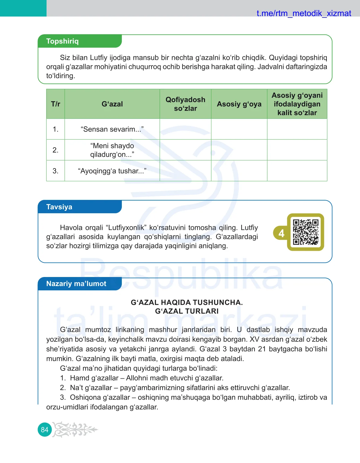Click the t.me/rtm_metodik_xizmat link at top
303,13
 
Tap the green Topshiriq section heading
63,41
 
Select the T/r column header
56,104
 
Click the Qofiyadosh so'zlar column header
185,104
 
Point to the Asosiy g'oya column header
239,104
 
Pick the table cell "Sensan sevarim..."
112,129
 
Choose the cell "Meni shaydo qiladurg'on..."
112,150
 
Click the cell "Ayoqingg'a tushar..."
112,171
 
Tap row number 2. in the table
56,150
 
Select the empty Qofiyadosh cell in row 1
185,129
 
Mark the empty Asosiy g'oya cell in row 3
239,171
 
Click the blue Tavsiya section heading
60,207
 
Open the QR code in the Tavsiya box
306,232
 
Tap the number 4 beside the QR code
281,233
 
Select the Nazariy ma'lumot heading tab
76,284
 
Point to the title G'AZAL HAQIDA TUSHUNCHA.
186,302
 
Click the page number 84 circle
45,430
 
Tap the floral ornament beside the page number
75,429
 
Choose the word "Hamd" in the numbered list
77,378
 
